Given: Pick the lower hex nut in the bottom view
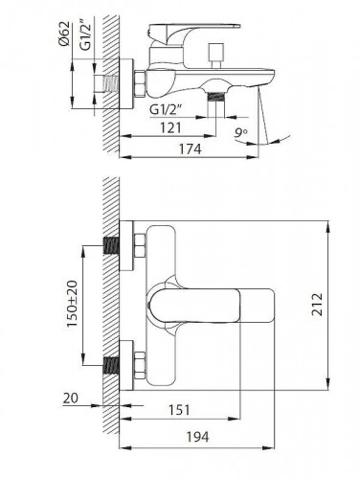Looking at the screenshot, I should coord(138,365).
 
